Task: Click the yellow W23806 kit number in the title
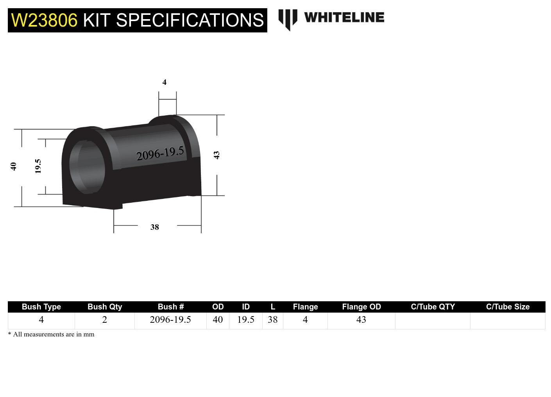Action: (44, 20)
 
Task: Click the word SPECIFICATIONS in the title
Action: (190, 20)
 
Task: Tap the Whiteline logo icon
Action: (288, 19)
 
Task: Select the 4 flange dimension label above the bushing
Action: (165, 82)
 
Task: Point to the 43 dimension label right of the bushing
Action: (216, 155)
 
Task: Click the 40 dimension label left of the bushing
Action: (14, 166)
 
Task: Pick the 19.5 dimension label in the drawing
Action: (38, 166)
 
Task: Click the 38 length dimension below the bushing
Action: (155, 227)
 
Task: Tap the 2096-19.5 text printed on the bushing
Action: (160, 153)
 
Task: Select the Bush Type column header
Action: (41, 307)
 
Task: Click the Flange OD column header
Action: (361, 307)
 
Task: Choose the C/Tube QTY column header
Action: (433, 307)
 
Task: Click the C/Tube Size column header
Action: (508, 307)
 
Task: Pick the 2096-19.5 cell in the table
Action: (170, 320)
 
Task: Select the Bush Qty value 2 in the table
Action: (105, 320)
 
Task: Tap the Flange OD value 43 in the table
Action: (361, 320)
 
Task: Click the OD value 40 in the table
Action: (218, 320)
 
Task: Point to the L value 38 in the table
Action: (273, 320)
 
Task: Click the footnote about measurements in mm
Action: (51, 334)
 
